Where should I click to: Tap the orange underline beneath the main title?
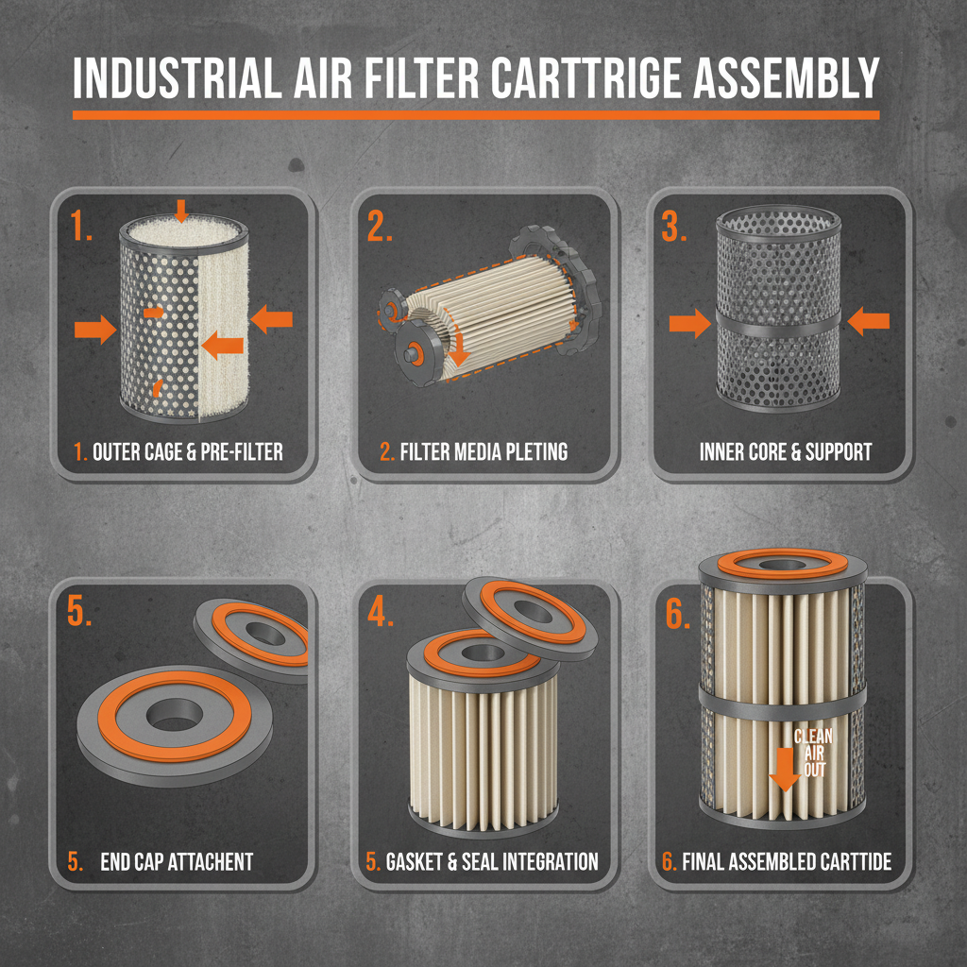[476, 115]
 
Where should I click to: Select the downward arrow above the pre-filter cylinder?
[181, 208]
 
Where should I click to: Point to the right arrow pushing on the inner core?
[868, 323]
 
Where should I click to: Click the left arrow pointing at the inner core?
[689, 325]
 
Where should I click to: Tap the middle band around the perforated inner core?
[779, 322]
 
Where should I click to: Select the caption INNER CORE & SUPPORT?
[786, 452]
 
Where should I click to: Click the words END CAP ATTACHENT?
[177, 861]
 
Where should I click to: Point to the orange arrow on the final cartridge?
[784, 767]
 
